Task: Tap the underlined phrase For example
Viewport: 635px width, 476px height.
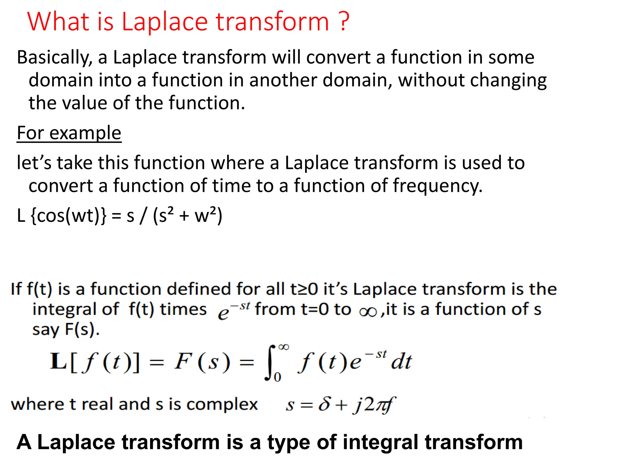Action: pyautogui.click(x=69, y=133)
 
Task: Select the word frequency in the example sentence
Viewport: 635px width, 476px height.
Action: pyautogui.click(x=437, y=186)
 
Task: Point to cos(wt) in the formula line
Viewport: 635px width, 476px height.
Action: pyautogui.click(x=68, y=216)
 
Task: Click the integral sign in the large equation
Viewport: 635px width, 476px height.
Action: pyautogui.click(x=270, y=363)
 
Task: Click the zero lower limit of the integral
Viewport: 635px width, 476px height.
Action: pyautogui.click(x=278, y=377)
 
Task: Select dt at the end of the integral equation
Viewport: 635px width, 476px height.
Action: pyautogui.click(x=401, y=362)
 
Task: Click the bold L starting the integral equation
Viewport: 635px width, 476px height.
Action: pyautogui.click(x=58, y=362)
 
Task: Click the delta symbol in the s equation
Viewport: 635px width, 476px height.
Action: pyautogui.click(x=324, y=404)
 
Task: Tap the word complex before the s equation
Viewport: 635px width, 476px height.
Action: pyautogui.click(x=222, y=404)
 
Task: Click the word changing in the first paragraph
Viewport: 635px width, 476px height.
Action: pyautogui.click(x=508, y=81)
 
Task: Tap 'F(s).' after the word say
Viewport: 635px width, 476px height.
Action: pyautogui.click(x=82, y=329)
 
